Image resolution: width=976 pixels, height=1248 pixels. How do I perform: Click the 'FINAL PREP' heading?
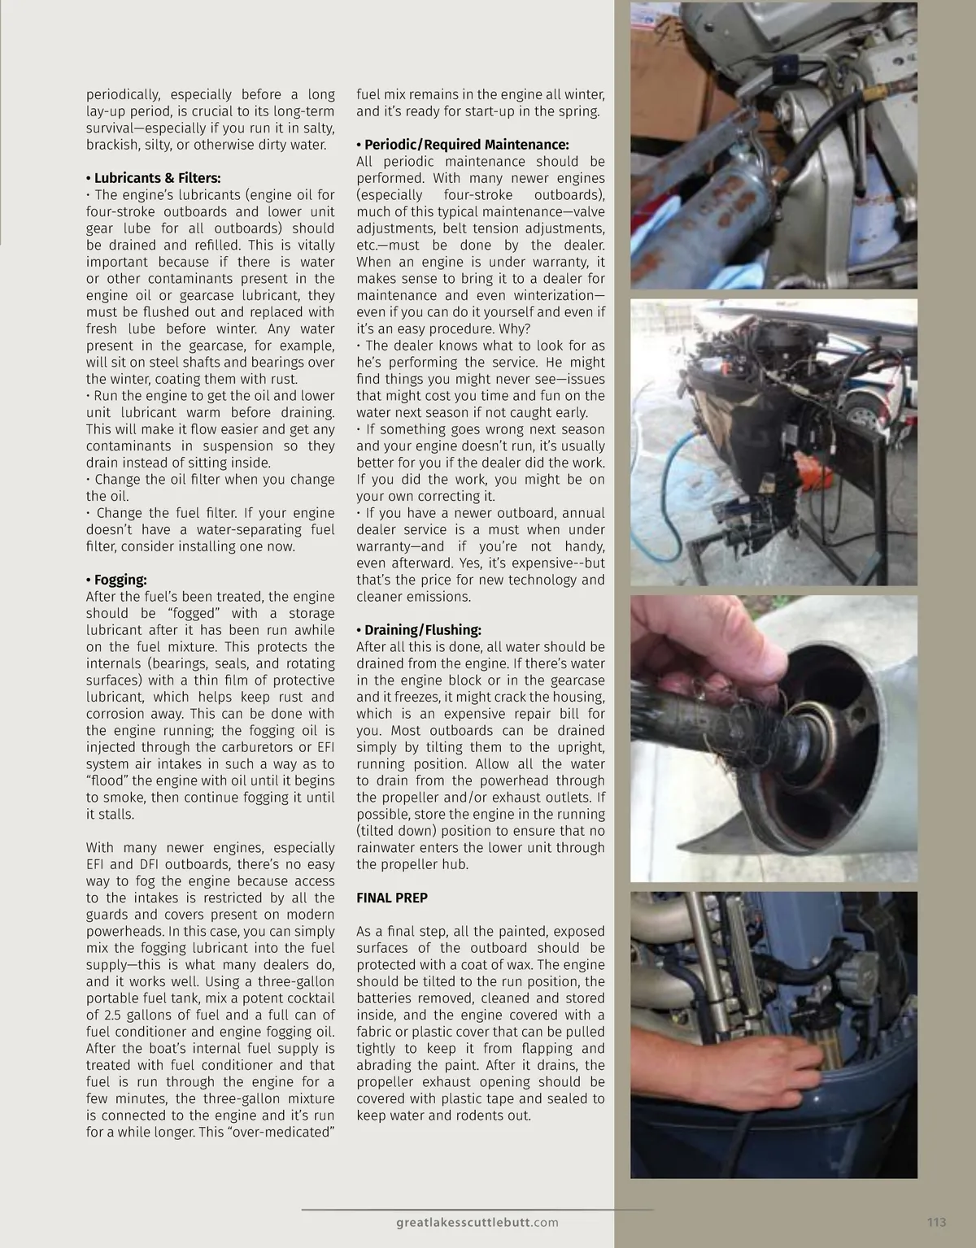click(392, 898)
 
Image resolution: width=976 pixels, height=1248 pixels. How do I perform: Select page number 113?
click(936, 1222)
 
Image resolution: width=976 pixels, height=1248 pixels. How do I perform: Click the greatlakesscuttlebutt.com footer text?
click(477, 1223)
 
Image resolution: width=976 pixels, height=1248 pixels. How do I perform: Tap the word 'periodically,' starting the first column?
click(122, 95)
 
